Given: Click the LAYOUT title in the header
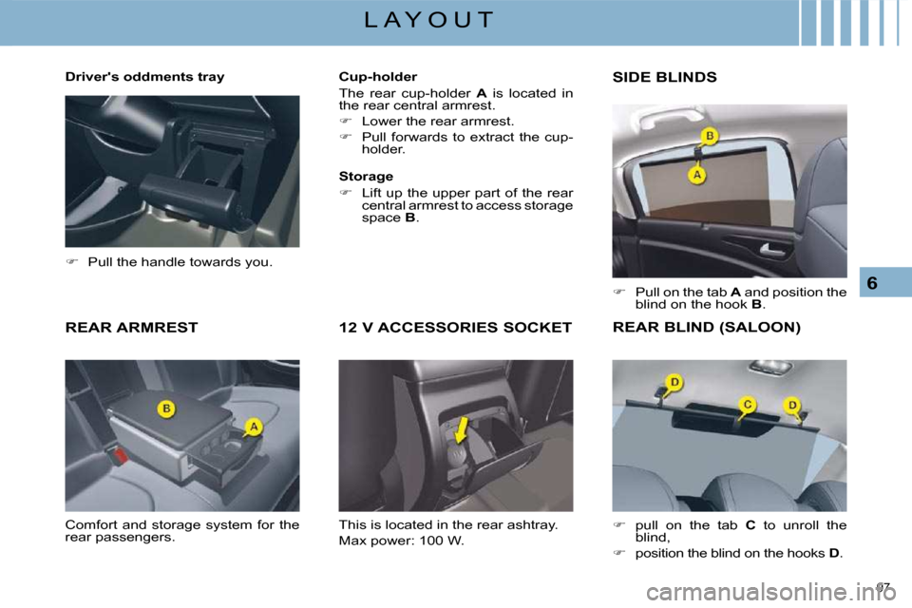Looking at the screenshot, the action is pyautogui.click(x=428, y=20).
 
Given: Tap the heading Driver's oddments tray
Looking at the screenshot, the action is pyautogui.click(x=144, y=77).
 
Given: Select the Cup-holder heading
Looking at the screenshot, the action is pyautogui.click(x=378, y=77).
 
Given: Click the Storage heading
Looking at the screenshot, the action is pyautogui.click(x=366, y=177).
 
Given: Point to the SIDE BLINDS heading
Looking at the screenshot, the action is pyautogui.click(x=665, y=77).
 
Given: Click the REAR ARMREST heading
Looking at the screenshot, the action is pyautogui.click(x=131, y=328).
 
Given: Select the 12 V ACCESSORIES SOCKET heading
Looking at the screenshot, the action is pyautogui.click(x=455, y=328).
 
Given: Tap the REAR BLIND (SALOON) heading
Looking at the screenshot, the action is pyautogui.click(x=707, y=328).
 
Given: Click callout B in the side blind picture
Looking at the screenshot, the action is pyautogui.click(x=710, y=136).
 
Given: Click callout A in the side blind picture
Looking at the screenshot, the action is pyautogui.click(x=696, y=175).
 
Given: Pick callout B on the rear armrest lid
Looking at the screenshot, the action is pyautogui.click(x=166, y=409).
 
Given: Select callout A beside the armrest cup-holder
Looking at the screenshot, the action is pyautogui.click(x=254, y=427).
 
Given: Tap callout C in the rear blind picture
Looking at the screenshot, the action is pyautogui.click(x=748, y=405).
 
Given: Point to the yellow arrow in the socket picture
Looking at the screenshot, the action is pyautogui.click(x=461, y=430).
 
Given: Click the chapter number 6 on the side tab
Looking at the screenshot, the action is pyautogui.click(x=872, y=283).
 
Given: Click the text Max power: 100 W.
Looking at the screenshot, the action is pyautogui.click(x=401, y=541).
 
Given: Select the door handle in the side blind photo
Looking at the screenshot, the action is pyautogui.click(x=772, y=250).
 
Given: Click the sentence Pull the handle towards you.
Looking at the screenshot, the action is pyautogui.click(x=180, y=262).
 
